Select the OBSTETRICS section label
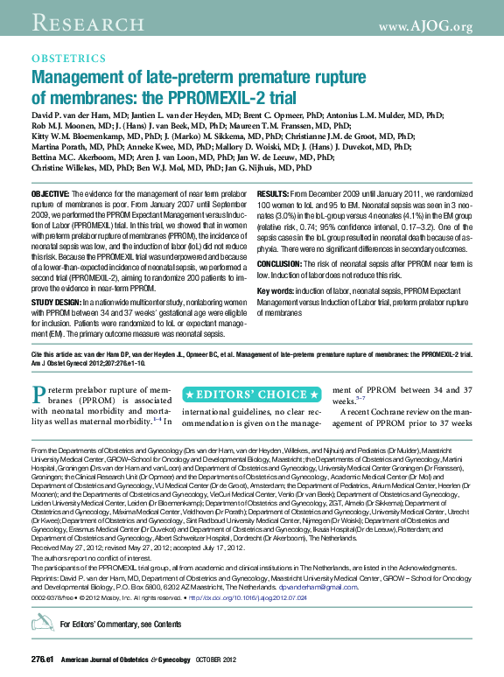pyautogui.click(x=68, y=59)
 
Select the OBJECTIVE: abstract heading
pyautogui.click(x=51, y=192)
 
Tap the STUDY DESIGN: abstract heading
pyautogui.click(x=56, y=301)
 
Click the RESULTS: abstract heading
pyautogui.click(x=273, y=192)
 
